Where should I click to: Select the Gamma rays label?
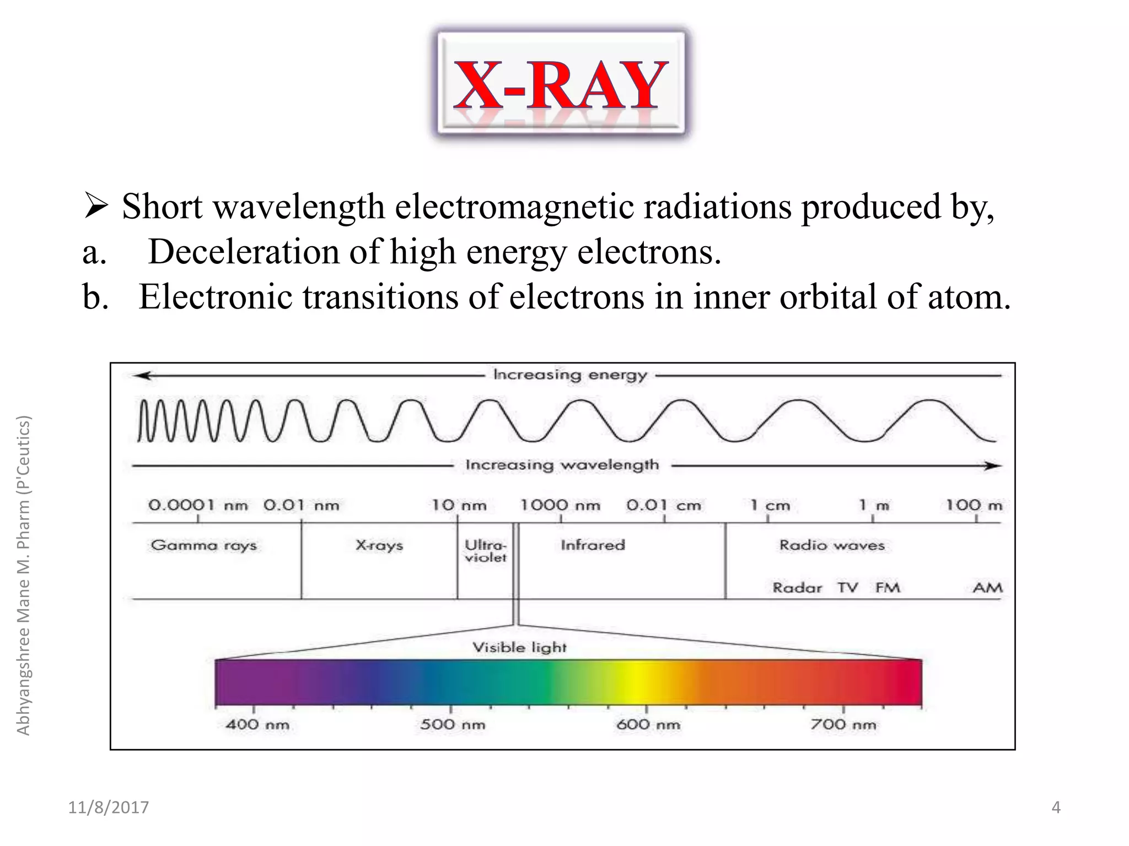click(x=204, y=545)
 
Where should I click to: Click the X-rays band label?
click(x=379, y=545)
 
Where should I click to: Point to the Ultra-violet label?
click(x=485, y=551)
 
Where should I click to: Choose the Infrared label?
click(x=593, y=545)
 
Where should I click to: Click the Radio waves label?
click(x=832, y=545)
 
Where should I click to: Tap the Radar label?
click(x=797, y=588)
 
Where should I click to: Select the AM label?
click(x=987, y=588)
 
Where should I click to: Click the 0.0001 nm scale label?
click(x=198, y=505)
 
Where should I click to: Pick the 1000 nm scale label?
click(x=560, y=505)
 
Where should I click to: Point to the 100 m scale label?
click(x=974, y=505)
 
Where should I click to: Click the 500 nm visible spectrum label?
click(x=453, y=724)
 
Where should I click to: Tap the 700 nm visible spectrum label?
click(x=843, y=724)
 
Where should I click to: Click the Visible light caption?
click(x=519, y=647)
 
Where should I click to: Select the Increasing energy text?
click(x=569, y=375)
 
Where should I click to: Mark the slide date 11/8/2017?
click(x=109, y=807)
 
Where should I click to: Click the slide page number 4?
click(x=1056, y=807)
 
